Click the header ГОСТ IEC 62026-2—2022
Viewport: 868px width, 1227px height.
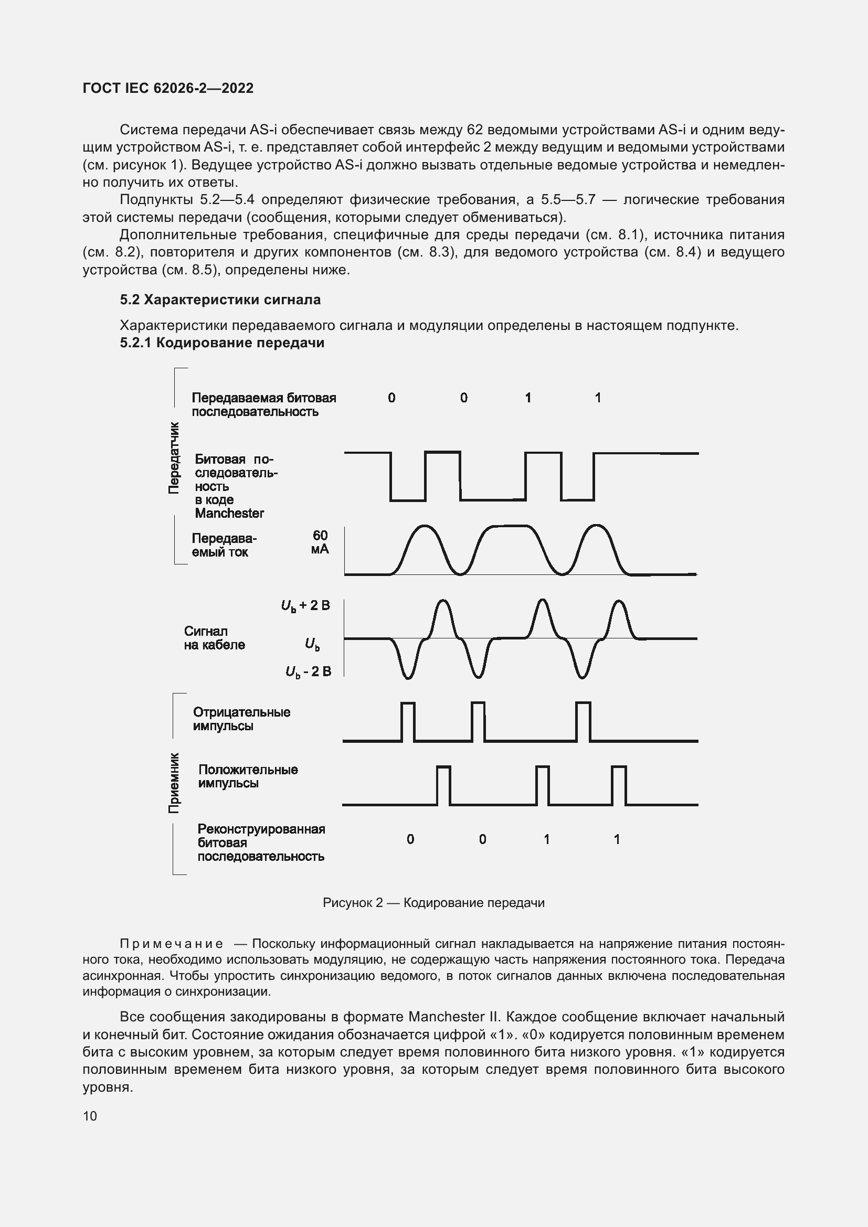coord(168,88)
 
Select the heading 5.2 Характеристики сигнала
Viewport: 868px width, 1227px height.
coord(220,300)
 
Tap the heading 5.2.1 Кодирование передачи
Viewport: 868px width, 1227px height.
coord(222,343)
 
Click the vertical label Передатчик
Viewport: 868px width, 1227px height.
coord(174,458)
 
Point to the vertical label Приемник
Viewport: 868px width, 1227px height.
coord(174,783)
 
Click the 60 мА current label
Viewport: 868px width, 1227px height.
coord(320,542)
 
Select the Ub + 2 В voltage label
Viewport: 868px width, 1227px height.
coord(305,605)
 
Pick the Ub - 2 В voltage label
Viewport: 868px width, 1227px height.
coord(309,672)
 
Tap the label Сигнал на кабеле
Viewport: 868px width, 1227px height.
coord(214,638)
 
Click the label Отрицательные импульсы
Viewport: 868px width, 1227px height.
coord(241,719)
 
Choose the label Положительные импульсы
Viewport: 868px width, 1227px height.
coord(248,776)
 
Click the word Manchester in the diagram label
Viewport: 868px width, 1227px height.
coord(229,513)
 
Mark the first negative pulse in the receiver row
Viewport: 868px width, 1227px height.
coord(408,721)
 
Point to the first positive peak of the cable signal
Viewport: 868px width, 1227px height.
coord(443,616)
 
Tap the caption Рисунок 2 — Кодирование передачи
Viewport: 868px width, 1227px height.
coord(433,903)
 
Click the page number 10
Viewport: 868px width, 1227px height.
coord(90,1116)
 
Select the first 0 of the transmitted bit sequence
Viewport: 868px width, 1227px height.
coord(391,398)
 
